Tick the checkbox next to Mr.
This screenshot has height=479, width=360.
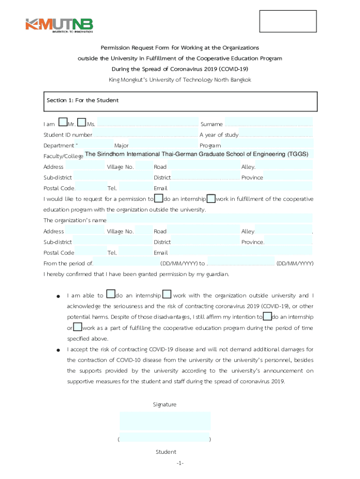pyautogui.click(x=63, y=123)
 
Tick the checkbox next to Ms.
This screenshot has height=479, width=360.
pyautogui.click(x=81, y=123)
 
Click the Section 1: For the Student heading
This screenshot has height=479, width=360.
pyautogui.click(x=82, y=101)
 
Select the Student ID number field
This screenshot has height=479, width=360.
pyautogui.click(x=145, y=135)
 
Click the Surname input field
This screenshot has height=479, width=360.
pyautogui.click(x=268, y=124)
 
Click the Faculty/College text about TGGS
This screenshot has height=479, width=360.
pyautogui.click(x=196, y=154)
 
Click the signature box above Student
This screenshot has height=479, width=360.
pyautogui.click(x=165, y=421)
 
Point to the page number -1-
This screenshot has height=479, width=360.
pyautogui.click(x=180, y=463)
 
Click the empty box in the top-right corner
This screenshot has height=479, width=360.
pyautogui.click(x=288, y=22)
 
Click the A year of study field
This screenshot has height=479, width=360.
pyautogui.click(x=276, y=135)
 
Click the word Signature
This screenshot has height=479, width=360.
pyautogui.click(x=165, y=404)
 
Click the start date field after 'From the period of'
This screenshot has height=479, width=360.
pyautogui.click(x=126, y=263)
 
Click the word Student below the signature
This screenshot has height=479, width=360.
pyautogui.click(x=166, y=452)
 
